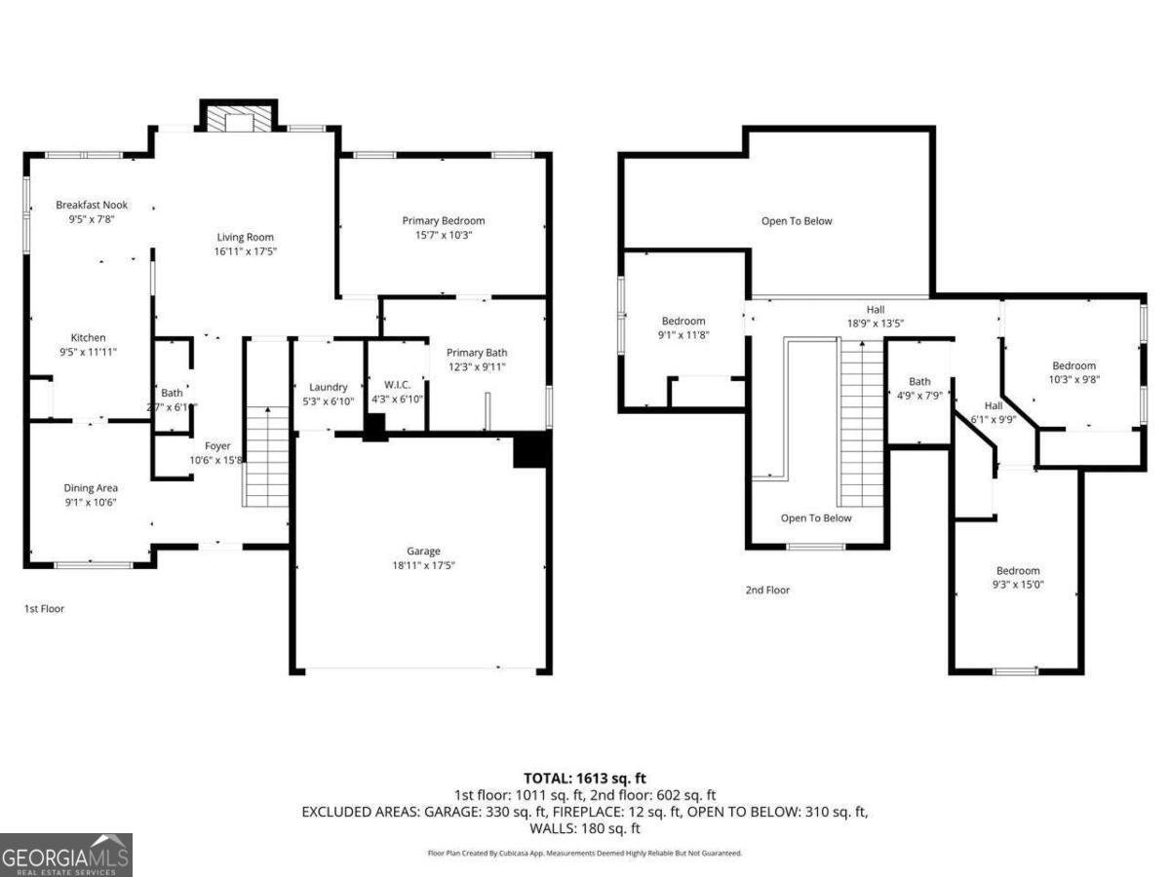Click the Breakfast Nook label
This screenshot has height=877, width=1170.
coord(92,205)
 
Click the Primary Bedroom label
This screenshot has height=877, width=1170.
coord(444,220)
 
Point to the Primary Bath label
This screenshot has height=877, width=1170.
coord(477,353)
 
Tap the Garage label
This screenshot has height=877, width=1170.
coord(423,551)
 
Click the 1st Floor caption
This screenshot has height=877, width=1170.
coord(44,609)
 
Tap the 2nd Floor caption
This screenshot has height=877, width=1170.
coord(767,590)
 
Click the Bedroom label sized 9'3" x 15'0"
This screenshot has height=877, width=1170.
coord(1017,571)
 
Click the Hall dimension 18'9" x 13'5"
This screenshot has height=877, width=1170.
coord(863,324)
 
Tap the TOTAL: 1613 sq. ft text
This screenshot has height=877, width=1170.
coord(585,778)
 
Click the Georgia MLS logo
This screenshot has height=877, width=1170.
coord(66,855)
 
